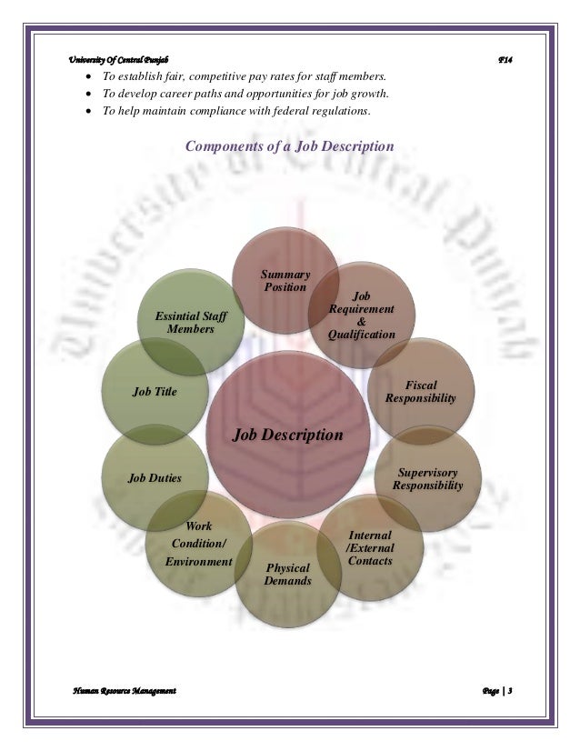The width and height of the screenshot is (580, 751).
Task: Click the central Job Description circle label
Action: tap(288, 435)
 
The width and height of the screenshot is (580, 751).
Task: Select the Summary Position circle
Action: tap(286, 281)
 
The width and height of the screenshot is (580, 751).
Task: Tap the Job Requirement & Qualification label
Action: tap(362, 315)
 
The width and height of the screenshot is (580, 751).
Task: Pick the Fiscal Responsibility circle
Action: tap(420, 392)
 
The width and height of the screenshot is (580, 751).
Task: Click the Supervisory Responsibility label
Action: tap(427, 479)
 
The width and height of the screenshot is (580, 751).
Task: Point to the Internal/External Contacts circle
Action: tap(370, 547)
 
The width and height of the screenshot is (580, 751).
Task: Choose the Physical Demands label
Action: tap(287, 575)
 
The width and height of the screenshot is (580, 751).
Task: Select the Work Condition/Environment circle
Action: tap(198, 544)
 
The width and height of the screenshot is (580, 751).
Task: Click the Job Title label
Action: tap(155, 392)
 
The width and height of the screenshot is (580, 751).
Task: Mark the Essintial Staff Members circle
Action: tap(191, 322)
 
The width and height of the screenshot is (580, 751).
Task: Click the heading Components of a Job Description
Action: tap(289, 145)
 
